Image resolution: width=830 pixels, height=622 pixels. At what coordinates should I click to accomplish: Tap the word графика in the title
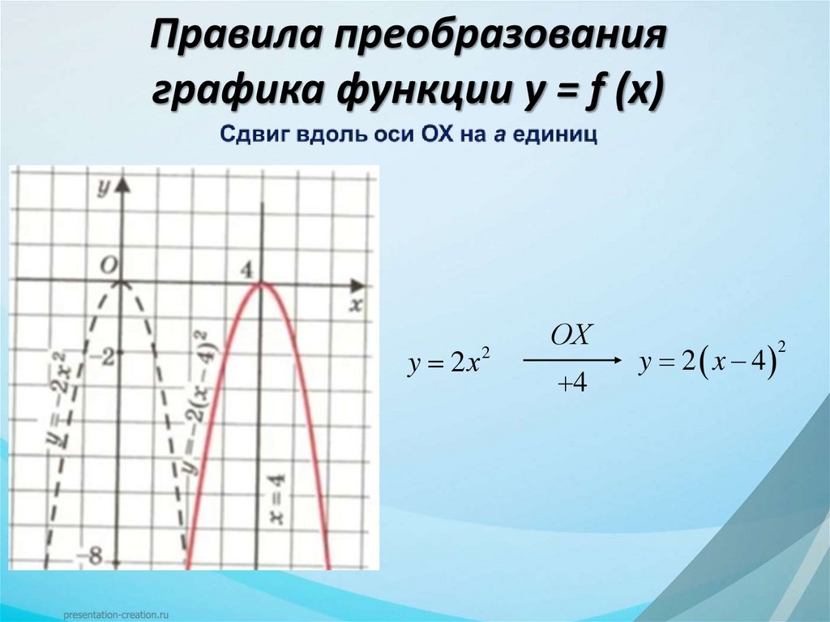pyautogui.click(x=234, y=90)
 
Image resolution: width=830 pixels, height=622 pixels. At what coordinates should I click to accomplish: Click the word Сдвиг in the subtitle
pyautogui.click(x=246, y=135)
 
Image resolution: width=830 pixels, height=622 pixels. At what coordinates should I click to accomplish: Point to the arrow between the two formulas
pyautogui.click(x=571, y=360)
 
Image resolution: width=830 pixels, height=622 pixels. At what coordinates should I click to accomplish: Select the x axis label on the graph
pyautogui.click(x=354, y=305)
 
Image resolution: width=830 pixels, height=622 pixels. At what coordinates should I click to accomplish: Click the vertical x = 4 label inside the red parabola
pyautogui.click(x=276, y=499)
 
